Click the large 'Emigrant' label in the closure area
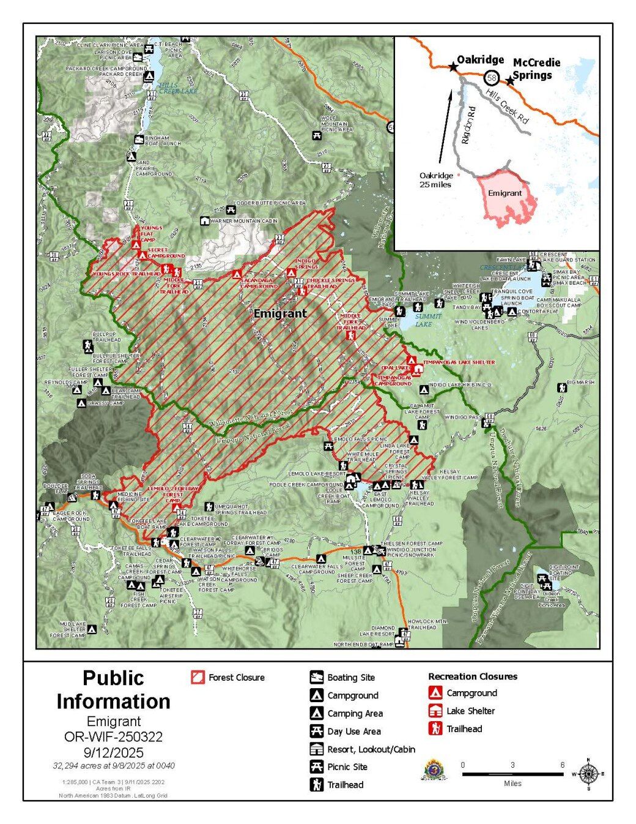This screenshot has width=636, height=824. coord(279,313)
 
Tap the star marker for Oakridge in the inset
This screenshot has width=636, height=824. coord(453,67)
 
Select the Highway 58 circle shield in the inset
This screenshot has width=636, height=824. coord(492,78)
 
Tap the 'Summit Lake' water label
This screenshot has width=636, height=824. coord(423,320)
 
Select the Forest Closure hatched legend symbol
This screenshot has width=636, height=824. coord(198,677)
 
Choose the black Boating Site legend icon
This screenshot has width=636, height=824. coord(316,677)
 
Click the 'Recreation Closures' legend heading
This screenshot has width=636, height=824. coord(472,676)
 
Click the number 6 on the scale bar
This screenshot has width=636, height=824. coord(562,765)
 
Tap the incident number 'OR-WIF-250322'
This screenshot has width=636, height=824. coord(113,736)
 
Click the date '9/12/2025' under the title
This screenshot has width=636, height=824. coord(113,752)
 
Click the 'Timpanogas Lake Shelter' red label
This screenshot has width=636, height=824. coord(458,362)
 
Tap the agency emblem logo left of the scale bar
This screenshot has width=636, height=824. coord(433,770)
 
